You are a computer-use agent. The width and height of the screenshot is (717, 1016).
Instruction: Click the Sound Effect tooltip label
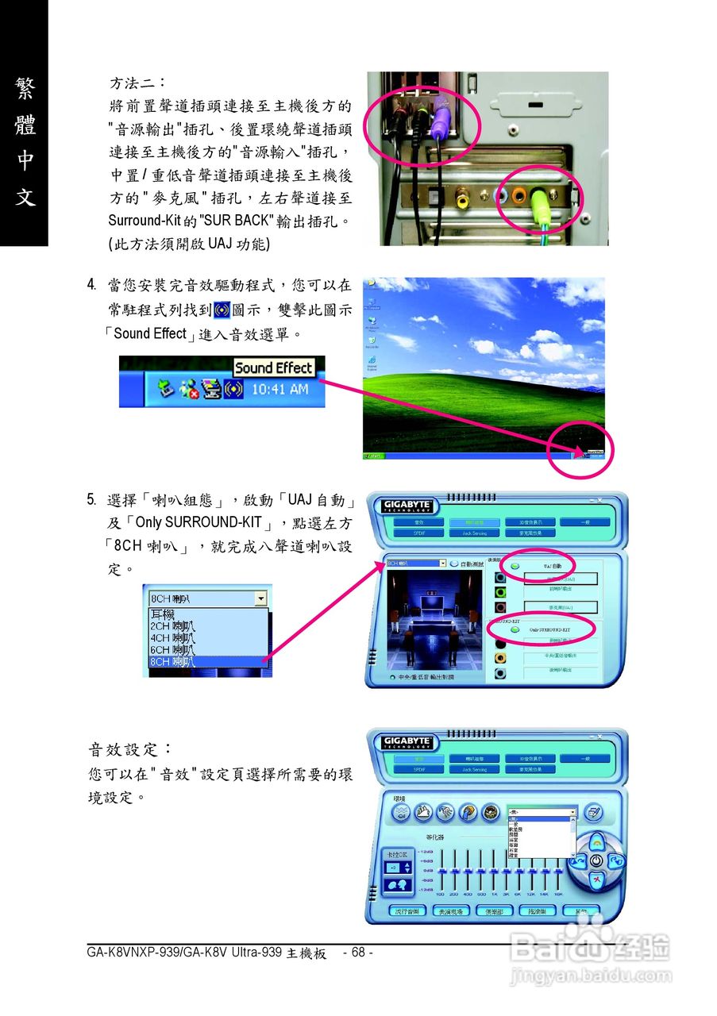(274, 368)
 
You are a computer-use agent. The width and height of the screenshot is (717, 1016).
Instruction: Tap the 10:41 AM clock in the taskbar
(279, 390)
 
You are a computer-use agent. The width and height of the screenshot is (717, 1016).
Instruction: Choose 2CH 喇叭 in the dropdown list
(172, 625)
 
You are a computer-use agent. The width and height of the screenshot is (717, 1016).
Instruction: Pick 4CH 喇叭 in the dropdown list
(172, 637)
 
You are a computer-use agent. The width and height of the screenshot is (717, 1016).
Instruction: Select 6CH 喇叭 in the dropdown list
(172, 649)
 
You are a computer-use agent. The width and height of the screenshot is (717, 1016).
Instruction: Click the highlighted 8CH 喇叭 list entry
(172, 661)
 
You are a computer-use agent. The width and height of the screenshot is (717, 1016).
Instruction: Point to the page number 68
(358, 952)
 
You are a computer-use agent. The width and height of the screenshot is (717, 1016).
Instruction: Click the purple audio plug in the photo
(442, 119)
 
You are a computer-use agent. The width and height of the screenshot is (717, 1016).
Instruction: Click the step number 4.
(93, 284)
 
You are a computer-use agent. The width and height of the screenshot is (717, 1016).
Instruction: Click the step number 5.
(93, 500)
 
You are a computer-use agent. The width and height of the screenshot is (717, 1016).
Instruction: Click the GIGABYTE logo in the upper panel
(407, 506)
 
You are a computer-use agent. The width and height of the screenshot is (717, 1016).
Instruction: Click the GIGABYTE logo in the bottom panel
(407, 742)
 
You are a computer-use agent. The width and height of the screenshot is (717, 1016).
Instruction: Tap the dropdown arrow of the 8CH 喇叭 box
(260, 598)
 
